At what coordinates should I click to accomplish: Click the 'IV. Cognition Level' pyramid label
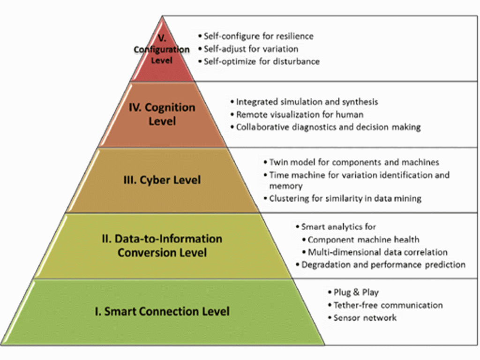click(x=162, y=114)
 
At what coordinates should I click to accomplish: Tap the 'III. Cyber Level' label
click(x=162, y=180)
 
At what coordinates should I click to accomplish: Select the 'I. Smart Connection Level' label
click(x=162, y=311)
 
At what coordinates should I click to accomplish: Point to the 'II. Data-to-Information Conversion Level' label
click(x=162, y=246)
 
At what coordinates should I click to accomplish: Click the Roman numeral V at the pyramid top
click(x=162, y=38)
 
